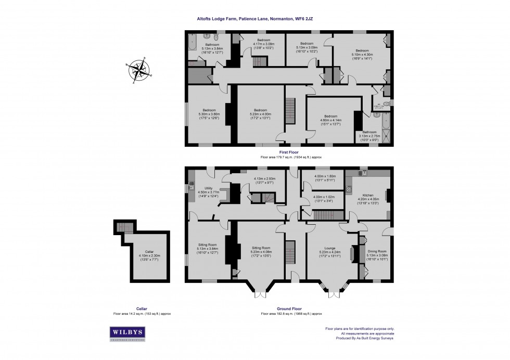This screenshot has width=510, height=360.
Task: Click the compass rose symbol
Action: [138, 70]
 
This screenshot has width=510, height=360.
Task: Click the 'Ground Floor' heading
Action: [291, 309]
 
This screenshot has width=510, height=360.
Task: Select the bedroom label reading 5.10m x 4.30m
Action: [362, 55]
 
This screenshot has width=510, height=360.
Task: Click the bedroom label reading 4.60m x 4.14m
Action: [330, 119]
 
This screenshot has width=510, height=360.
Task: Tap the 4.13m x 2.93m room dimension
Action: [264, 181]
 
